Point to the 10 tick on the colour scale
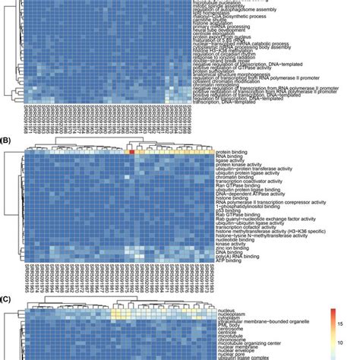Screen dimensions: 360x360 point(338,339)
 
